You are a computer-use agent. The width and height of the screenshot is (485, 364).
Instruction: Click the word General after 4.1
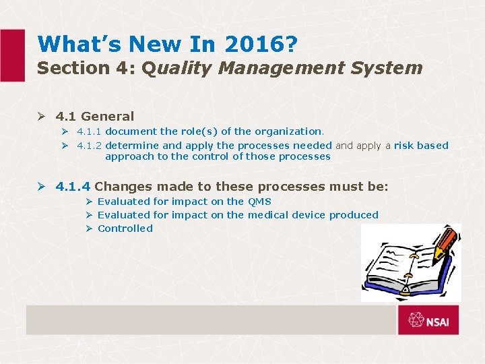[107, 117]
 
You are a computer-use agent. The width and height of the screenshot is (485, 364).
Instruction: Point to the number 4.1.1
[90, 131]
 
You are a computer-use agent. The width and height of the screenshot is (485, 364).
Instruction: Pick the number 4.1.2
[90, 145]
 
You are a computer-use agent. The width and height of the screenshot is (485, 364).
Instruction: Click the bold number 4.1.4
[73, 186]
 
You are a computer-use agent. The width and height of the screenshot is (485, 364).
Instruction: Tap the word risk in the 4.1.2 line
[405, 145]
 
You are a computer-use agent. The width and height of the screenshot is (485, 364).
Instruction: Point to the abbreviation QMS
[259, 202]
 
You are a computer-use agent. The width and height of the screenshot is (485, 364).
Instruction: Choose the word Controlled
[125, 229]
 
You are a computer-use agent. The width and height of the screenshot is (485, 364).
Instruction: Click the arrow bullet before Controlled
[89, 229]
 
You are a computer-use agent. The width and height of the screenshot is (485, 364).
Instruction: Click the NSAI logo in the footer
[428, 320]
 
